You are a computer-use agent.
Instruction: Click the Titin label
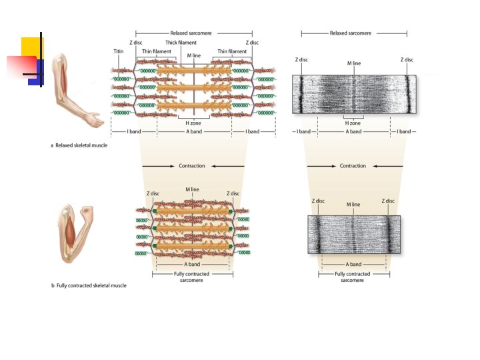[118, 51]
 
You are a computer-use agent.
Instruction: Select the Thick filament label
[181, 43]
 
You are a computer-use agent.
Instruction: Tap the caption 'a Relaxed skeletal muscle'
[79, 145]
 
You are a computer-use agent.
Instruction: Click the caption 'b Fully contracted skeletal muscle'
[89, 285]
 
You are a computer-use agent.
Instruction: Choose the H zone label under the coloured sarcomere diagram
[193, 123]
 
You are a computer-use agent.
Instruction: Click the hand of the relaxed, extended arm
[95, 121]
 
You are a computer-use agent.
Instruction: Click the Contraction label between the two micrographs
[353, 166]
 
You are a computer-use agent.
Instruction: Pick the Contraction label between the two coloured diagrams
[192, 166]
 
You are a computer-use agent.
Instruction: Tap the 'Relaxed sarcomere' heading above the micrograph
[351, 33]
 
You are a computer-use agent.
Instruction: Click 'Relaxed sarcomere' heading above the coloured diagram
[193, 33]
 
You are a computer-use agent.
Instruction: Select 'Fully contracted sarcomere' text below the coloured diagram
[192, 277]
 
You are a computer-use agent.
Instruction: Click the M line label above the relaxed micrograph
[354, 63]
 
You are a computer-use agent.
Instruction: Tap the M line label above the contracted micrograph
[353, 204]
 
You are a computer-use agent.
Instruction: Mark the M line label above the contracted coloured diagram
[192, 189]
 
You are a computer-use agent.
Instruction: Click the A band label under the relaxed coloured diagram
[193, 131]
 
